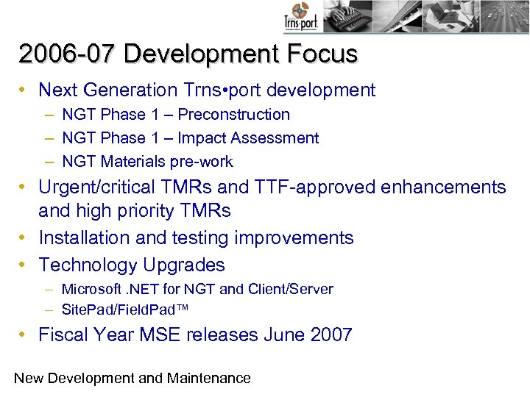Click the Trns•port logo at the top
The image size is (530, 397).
pos(300,18)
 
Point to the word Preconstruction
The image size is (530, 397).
pos(234,115)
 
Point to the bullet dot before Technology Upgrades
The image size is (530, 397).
pos(24,265)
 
